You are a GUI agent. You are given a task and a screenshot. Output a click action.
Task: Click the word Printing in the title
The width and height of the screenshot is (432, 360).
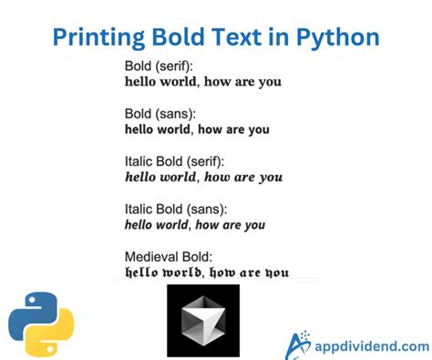pyautogui.click(x=94, y=37)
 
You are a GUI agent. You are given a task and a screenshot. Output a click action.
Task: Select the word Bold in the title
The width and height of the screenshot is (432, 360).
pyautogui.click(x=175, y=37)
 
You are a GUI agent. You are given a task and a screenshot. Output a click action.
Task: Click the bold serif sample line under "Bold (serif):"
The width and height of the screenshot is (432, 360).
pyautogui.click(x=202, y=82)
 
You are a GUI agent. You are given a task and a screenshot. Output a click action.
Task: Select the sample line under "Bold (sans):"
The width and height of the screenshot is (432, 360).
pyautogui.click(x=197, y=129)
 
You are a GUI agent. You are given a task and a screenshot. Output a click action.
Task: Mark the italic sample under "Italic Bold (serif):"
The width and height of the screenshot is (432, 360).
pyautogui.click(x=203, y=177)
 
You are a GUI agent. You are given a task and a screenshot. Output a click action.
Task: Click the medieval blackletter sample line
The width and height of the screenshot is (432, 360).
pyautogui.click(x=205, y=272)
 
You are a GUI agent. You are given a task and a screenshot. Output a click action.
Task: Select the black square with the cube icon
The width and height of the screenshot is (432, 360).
pyautogui.click(x=202, y=320)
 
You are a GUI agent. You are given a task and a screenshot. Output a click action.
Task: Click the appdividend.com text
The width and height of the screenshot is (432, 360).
pyautogui.click(x=371, y=346)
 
